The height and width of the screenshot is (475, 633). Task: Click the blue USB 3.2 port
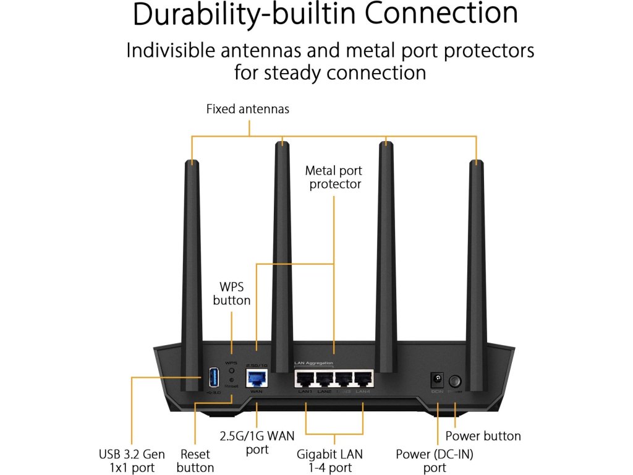tap(212, 377)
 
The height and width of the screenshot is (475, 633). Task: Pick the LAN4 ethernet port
tap(362, 379)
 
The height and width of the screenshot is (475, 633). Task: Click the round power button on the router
tap(456, 380)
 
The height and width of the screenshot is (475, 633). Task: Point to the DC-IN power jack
tap(438, 378)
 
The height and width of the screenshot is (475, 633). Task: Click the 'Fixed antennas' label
tap(247, 109)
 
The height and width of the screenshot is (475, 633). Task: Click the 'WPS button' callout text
tap(232, 294)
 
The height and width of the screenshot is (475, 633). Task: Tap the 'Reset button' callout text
tap(195, 461)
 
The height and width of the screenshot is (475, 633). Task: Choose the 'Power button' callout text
tap(483, 436)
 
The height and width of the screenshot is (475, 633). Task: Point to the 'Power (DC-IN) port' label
tap(435, 461)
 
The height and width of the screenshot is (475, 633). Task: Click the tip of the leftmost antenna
tap(192, 162)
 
